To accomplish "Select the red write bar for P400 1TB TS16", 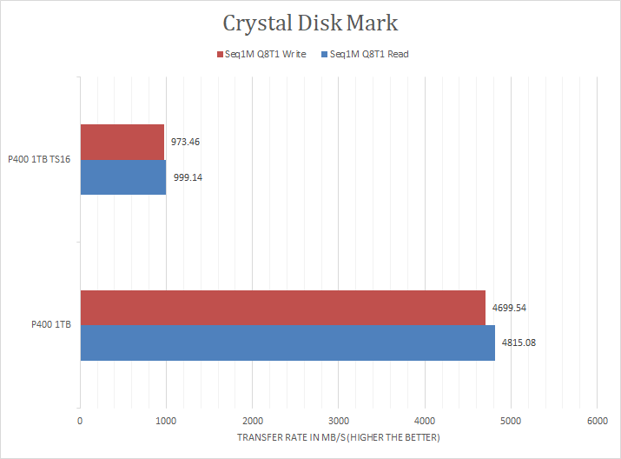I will [122, 142].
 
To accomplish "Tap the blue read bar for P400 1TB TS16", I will [122, 176].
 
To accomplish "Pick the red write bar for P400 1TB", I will [282, 307].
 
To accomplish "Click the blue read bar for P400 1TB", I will [287, 343].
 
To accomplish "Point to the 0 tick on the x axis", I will [80, 420].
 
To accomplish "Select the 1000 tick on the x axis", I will [166, 420].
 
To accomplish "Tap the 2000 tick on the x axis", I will [252, 420].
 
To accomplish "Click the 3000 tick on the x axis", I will [338, 420].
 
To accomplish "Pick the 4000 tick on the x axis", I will [424, 420].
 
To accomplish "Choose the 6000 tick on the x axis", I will [596, 420].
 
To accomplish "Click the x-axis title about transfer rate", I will [338, 437].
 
